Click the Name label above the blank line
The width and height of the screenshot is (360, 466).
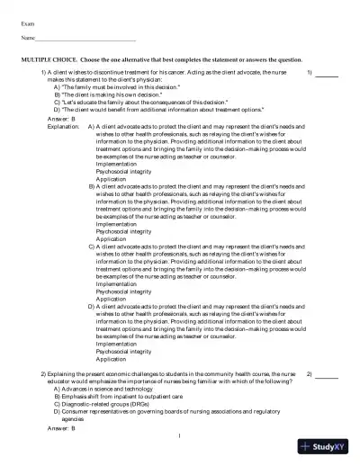(28, 40)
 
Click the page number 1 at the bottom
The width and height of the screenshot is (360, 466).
(180, 436)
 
